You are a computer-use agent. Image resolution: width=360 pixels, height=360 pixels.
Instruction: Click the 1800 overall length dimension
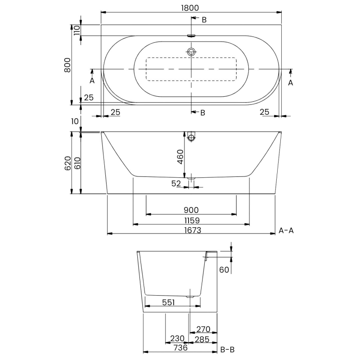[191, 8]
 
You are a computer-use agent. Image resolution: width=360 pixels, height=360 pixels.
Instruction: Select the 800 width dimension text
[67, 66]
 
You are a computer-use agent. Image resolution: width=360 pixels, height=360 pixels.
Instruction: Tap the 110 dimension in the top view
[76, 30]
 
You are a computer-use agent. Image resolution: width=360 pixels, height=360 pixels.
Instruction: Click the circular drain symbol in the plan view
[192, 52]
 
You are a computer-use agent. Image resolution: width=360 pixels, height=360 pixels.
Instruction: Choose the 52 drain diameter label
[176, 183]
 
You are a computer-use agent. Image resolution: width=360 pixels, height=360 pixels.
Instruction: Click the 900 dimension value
[191, 210]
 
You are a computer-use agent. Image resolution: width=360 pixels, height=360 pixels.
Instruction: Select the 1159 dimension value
[191, 220]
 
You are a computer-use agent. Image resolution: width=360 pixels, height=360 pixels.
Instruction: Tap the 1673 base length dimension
[191, 230]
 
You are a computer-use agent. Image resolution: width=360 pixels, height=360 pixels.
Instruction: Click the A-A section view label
[286, 230]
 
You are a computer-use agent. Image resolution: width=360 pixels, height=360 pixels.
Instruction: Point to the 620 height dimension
[67, 163]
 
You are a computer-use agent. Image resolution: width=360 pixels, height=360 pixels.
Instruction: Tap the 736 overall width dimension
[180, 348]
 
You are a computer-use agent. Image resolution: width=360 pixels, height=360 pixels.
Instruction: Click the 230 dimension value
[177, 339]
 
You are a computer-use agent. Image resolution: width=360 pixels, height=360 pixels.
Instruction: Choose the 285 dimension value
[202, 339]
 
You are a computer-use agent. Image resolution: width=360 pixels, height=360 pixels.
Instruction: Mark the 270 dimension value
[202, 329]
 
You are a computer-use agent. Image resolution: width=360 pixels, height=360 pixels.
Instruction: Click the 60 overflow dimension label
[224, 270]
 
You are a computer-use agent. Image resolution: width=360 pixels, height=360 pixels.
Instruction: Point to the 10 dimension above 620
[75, 121]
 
